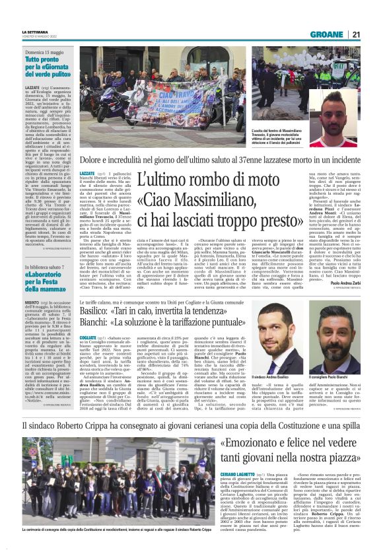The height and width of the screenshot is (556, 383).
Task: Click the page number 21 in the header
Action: click(355, 34)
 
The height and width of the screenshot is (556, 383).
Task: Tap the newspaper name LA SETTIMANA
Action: click(34, 32)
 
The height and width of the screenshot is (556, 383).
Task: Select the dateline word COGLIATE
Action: click(89, 335)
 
